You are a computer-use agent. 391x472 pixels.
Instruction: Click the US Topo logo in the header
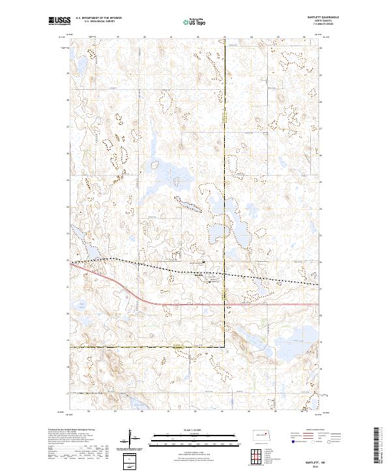click(x=196, y=21)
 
